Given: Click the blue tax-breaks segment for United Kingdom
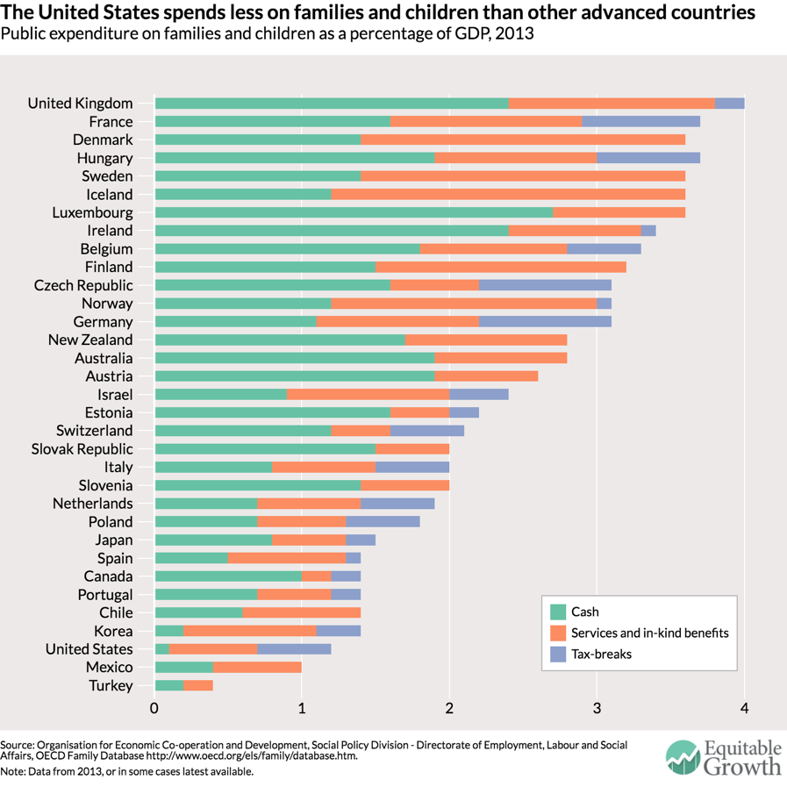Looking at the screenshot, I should [730, 104].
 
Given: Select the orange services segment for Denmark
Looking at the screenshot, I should [523, 140].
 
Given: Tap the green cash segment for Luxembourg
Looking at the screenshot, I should [354, 212].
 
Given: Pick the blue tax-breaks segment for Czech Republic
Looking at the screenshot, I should [545, 285].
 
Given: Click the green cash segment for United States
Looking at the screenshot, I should [161, 649].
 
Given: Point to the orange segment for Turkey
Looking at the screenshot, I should [198, 686].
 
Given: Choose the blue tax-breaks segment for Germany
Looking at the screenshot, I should [545, 322].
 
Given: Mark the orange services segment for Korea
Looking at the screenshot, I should [250, 631].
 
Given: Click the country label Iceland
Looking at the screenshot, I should [109, 195].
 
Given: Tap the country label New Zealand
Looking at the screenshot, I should [90, 340].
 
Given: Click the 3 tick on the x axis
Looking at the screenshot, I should [597, 708].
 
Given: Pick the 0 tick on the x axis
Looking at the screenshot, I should [154, 708].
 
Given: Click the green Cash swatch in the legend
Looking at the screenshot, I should [557, 612].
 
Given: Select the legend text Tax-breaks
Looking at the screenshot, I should [601, 654].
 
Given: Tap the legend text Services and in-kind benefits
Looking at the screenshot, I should [649, 633].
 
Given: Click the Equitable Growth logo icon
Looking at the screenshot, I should [683, 758].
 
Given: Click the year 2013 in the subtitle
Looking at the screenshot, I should [514, 33].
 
